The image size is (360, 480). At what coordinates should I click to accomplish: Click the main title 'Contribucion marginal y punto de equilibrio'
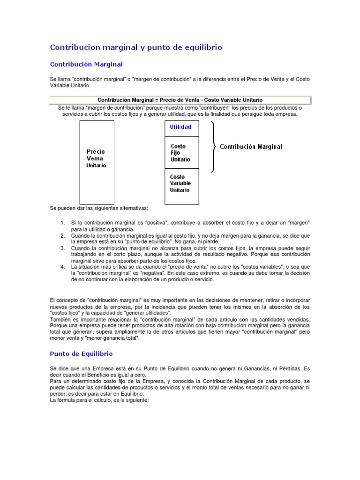136,47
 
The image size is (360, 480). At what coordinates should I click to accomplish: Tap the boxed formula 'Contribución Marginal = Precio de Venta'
180,100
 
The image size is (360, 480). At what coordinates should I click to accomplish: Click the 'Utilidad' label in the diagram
181,127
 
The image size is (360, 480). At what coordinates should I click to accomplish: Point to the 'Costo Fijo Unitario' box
181,153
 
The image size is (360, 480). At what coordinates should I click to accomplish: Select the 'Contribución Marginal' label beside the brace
251,147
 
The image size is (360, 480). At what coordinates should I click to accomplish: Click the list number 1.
63,222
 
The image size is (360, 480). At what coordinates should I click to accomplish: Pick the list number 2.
63,235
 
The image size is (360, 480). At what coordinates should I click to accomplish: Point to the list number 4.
63,266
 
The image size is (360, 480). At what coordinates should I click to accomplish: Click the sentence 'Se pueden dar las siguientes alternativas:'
99,208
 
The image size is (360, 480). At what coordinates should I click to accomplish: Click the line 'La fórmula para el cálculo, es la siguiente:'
99,401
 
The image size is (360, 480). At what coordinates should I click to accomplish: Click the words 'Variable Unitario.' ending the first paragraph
69,86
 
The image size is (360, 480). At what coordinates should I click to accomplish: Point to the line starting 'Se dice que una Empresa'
180,368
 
